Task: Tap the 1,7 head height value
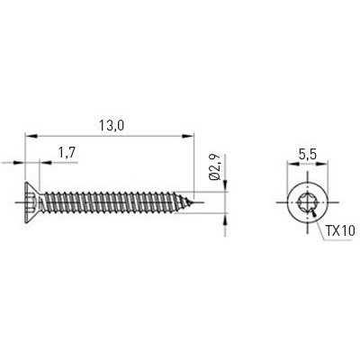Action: click(x=66, y=154)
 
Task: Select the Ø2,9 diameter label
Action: click(x=214, y=168)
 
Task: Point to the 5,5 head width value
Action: click(x=308, y=154)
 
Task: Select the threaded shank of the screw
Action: click(x=112, y=202)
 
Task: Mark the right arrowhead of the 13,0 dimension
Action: click(x=189, y=137)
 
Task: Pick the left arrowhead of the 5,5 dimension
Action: click(x=292, y=166)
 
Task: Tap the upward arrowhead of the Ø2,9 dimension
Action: click(x=220, y=217)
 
